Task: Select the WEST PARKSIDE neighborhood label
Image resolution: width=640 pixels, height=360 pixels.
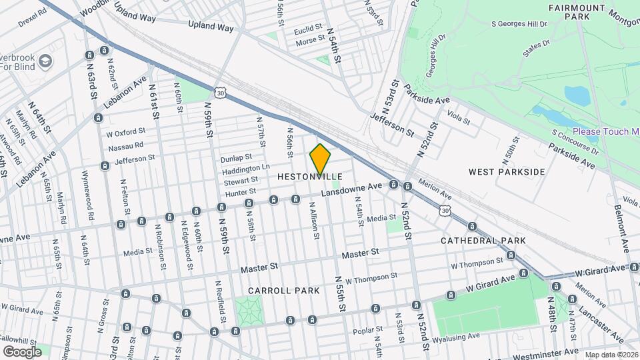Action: click(x=507, y=172)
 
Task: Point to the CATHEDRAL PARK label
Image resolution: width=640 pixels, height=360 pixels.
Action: click(x=483, y=241)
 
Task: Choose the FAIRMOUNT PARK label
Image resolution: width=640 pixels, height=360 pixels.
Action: click(x=576, y=7)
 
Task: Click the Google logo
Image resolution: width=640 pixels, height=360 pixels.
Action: click(x=21, y=351)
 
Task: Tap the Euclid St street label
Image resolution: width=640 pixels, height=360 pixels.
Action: click(x=309, y=31)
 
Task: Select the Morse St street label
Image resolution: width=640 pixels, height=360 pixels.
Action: click(x=310, y=41)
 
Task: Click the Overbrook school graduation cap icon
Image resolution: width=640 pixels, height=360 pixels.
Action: click(x=45, y=61)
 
